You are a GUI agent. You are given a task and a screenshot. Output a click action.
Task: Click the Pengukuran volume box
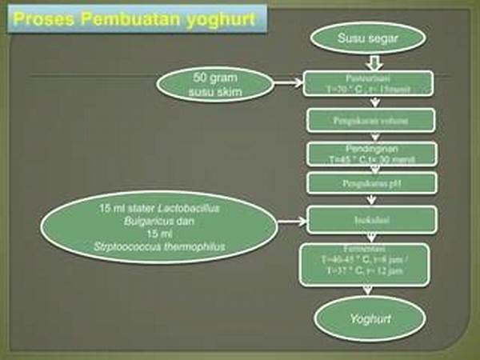point(369,121)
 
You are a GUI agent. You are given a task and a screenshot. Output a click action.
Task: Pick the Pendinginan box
point(369,154)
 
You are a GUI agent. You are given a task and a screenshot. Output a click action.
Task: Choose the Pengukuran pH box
point(369,184)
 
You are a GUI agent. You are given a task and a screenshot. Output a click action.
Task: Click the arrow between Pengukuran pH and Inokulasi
point(369,200)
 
